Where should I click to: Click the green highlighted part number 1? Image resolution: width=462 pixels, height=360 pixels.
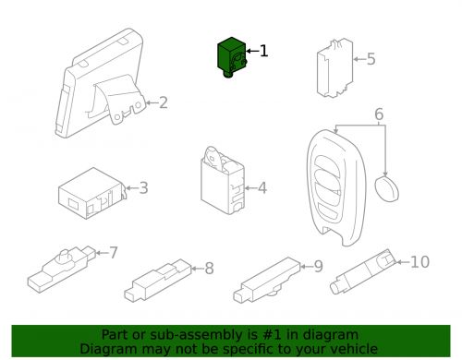pyautogui.click(x=232, y=57)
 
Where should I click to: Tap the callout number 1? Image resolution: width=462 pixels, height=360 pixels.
pyautogui.click(x=264, y=51)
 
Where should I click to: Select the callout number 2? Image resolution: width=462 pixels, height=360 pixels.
pyautogui.click(x=164, y=102)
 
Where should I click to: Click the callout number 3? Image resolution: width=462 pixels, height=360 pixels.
pyautogui.click(x=143, y=187)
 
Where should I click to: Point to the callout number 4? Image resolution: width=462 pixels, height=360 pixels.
pyautogui.click(x=262, y=187)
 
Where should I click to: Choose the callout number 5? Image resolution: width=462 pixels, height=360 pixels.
pyautogui.click(x=371, y=59)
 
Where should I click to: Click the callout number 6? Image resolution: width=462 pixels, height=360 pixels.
pyautogui.click(x=379, y=114)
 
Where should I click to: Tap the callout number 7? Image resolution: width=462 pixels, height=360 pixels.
pyautogui.click(x=114, y=253)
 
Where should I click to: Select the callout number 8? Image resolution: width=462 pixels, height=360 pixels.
pyautogui.click(x=210, y=268)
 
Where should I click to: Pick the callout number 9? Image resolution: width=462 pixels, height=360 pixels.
pyautogui.click(x=319, y=267)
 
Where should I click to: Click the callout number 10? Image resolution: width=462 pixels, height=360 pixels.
pyautogui.click(x=420, y=262)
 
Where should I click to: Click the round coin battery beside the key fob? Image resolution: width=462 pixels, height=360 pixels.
pyautogui.click(x=386, y=188)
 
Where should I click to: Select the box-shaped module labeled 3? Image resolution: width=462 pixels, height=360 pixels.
pyautogui.click(x=92, y=193)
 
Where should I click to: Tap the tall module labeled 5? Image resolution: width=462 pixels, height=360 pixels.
pyautogui.click(x=335, y=68)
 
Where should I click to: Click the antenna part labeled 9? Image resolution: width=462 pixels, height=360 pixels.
pyautogui.click(x=266, y=280)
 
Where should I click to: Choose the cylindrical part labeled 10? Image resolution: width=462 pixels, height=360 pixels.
pyautogui.click(x=363, y=271)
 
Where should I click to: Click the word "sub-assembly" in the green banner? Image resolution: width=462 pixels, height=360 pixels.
pyautogui.click(x=203, y=334)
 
